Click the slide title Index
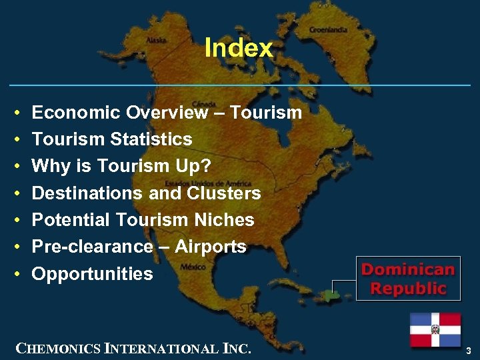(x=239, y=48)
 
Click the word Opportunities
(x=93, y=274)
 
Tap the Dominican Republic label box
(x=407, y=279)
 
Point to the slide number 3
(x=469, y=350)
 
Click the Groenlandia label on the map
(x=327, y=30)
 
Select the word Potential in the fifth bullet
(x=71, y=220)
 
